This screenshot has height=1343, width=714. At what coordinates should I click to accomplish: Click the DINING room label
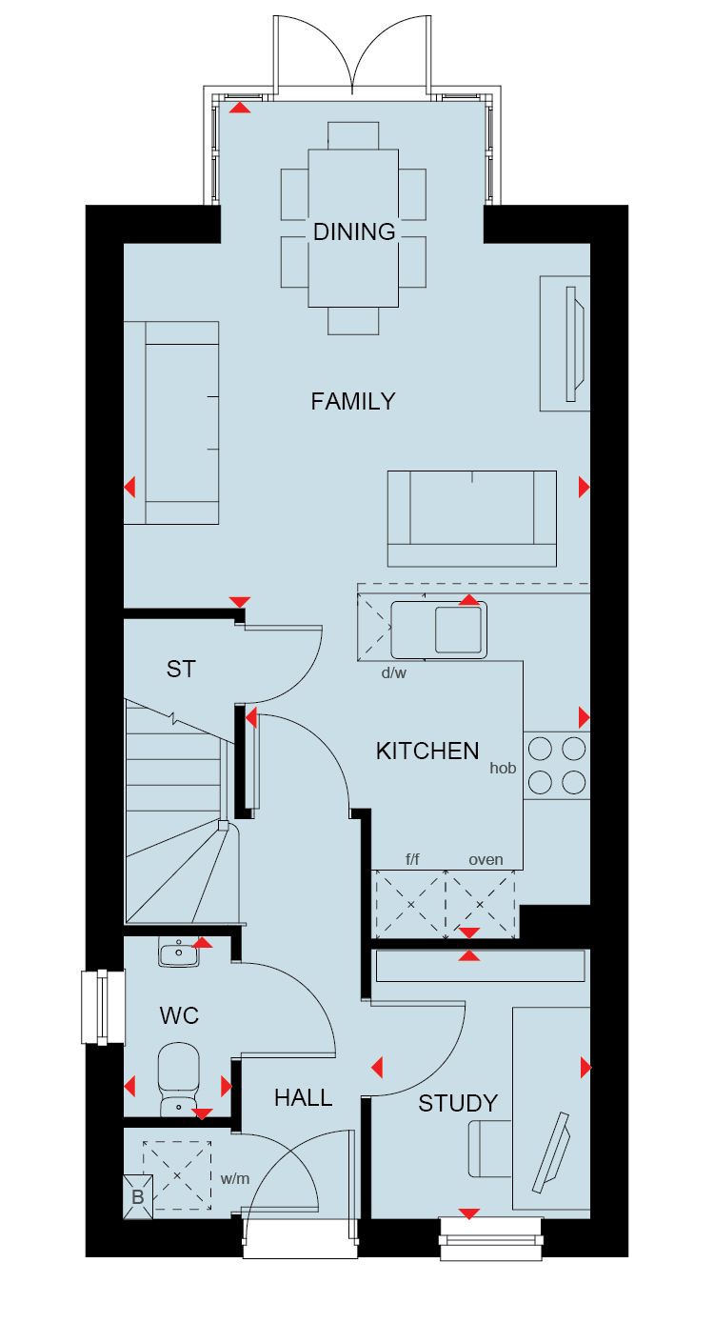point(354,232)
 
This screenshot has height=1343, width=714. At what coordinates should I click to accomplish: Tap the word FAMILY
point(353,401)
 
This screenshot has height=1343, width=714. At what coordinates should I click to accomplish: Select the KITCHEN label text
point(427,751)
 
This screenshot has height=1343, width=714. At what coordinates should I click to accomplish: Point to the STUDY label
point(458,1103)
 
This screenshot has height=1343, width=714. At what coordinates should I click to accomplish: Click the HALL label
point(304,1098)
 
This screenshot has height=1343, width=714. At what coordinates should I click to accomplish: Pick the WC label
point(179,1015)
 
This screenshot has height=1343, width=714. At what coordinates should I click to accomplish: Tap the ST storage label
point(181,669)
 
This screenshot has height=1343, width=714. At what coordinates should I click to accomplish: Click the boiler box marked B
point(138,1196)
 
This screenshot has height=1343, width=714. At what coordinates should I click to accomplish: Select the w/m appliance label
point(234,1179)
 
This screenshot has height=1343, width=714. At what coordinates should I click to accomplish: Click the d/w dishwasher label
point(394,672)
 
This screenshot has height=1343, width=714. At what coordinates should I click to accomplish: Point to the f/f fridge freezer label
point(412,859)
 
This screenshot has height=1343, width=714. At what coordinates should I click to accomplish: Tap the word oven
point(486,860)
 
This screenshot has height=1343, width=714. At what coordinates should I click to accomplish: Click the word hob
point(503,768)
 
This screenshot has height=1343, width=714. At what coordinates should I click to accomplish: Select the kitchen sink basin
point(458,630)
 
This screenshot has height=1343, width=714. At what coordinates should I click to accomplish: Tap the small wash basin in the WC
point(179,952)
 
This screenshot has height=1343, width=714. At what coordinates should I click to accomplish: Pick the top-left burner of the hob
point(540,749)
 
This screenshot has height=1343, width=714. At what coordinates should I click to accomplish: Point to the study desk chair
point(489,1150)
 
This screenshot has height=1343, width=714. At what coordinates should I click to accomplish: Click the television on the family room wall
point(574,344)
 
